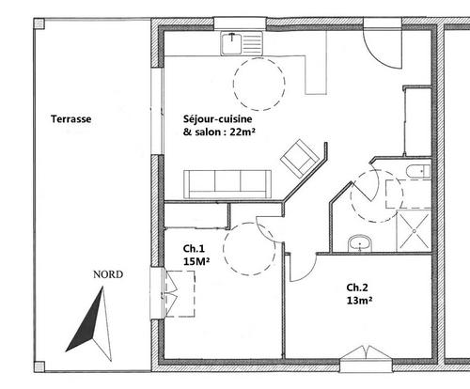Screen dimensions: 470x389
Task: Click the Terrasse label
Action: pos(71,119)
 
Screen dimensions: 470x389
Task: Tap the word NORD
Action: pos(108,274)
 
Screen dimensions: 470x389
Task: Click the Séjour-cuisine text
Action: pos(217,119)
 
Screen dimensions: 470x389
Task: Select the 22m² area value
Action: pos(243,132)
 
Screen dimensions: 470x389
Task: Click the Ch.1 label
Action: pos(194,249)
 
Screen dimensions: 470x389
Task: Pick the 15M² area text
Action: pos(196,261)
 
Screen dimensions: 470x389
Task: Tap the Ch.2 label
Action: pos(357,288)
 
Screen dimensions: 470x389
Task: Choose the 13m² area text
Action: pos(359,301)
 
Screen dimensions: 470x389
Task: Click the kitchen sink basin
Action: pos(232,43)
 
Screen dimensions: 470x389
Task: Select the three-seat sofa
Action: pos(227,184)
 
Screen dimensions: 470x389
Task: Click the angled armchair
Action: pos(300,158)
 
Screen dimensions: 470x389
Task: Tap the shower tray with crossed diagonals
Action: pos(414,231)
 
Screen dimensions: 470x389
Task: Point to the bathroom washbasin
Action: pos(360,243)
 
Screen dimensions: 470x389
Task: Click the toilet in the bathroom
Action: pos(418,172)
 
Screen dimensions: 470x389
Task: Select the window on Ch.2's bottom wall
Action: pos(366,359)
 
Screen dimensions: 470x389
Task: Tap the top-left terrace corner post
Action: pos(39,23)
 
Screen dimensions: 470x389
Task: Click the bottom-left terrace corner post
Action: pos(39,366)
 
